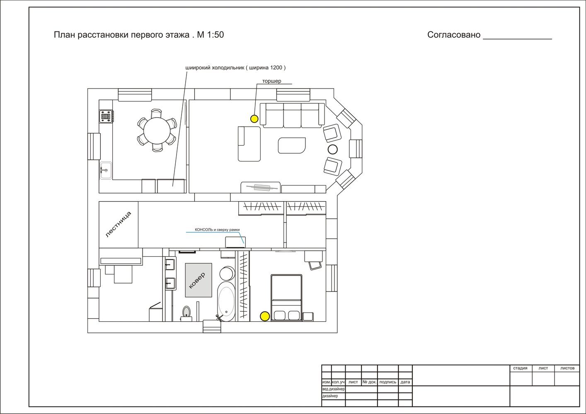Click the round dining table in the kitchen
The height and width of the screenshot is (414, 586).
157,131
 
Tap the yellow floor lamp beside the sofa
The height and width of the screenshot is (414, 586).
254,119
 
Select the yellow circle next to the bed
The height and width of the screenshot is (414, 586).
265,316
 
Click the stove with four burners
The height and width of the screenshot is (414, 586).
106,116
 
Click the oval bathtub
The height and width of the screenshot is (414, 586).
226,301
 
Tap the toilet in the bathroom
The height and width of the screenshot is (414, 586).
186,313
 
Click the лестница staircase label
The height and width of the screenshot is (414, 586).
118,224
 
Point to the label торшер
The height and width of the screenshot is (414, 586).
271,81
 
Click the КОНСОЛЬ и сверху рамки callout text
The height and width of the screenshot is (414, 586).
217,230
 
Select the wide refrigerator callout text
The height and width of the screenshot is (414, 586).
235,68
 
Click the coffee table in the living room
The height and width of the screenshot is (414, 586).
292,146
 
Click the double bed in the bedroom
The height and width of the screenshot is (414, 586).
286,297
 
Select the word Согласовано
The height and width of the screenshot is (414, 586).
454,35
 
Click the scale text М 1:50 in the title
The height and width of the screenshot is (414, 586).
211,35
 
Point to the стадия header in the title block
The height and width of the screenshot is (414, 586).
520,368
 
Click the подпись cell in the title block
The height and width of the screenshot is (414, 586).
388,382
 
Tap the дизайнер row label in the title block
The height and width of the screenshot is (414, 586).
330,396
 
